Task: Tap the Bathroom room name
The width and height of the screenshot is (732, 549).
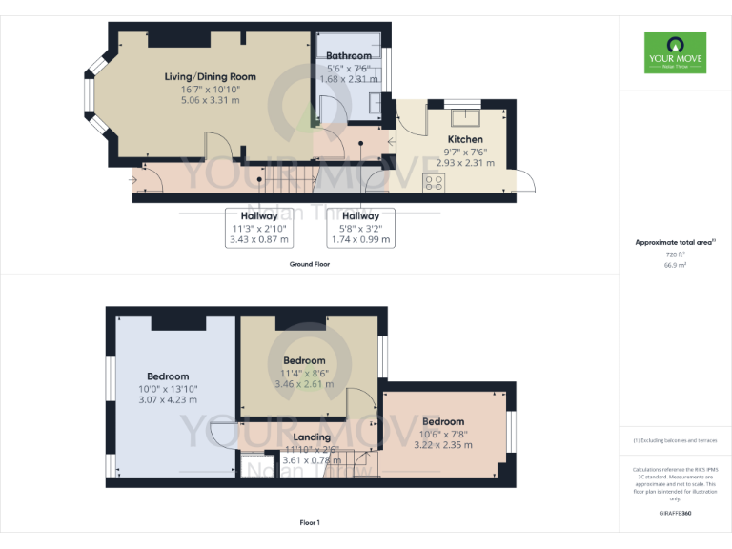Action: tap(349, 56)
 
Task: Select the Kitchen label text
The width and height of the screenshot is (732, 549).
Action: tap(465, 139)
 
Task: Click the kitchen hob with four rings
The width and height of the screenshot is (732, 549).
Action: tap(434, 181)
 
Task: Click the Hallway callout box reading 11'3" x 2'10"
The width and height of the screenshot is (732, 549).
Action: tap(258, 228)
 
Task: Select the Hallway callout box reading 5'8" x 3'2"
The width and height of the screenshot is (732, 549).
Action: tap(361, 228)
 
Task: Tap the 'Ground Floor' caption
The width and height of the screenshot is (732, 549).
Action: tap(309, 263)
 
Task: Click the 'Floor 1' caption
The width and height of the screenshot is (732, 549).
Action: tap(309, 522)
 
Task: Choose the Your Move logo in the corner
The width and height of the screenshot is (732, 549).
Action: tap(675, 53)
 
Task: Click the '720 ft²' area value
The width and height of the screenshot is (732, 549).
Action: tap(675, 255)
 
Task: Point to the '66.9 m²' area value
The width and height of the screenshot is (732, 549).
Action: tap(675, 266)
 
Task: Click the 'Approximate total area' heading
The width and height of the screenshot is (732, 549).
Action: tap(674, 242)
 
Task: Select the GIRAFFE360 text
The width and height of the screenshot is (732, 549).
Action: tap(675, 513)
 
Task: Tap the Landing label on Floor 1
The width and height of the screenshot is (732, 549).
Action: tap(312, 437)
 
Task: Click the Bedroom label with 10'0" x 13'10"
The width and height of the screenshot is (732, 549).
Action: tap(168, 376)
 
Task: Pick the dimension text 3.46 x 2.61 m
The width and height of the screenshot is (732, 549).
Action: tap(303, 384)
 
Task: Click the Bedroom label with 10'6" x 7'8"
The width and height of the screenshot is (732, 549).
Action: tap(443, 421)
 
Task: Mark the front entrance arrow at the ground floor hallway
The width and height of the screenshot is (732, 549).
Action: tap(132, 178)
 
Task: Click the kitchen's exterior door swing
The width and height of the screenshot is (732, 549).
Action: tap(522, 180)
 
